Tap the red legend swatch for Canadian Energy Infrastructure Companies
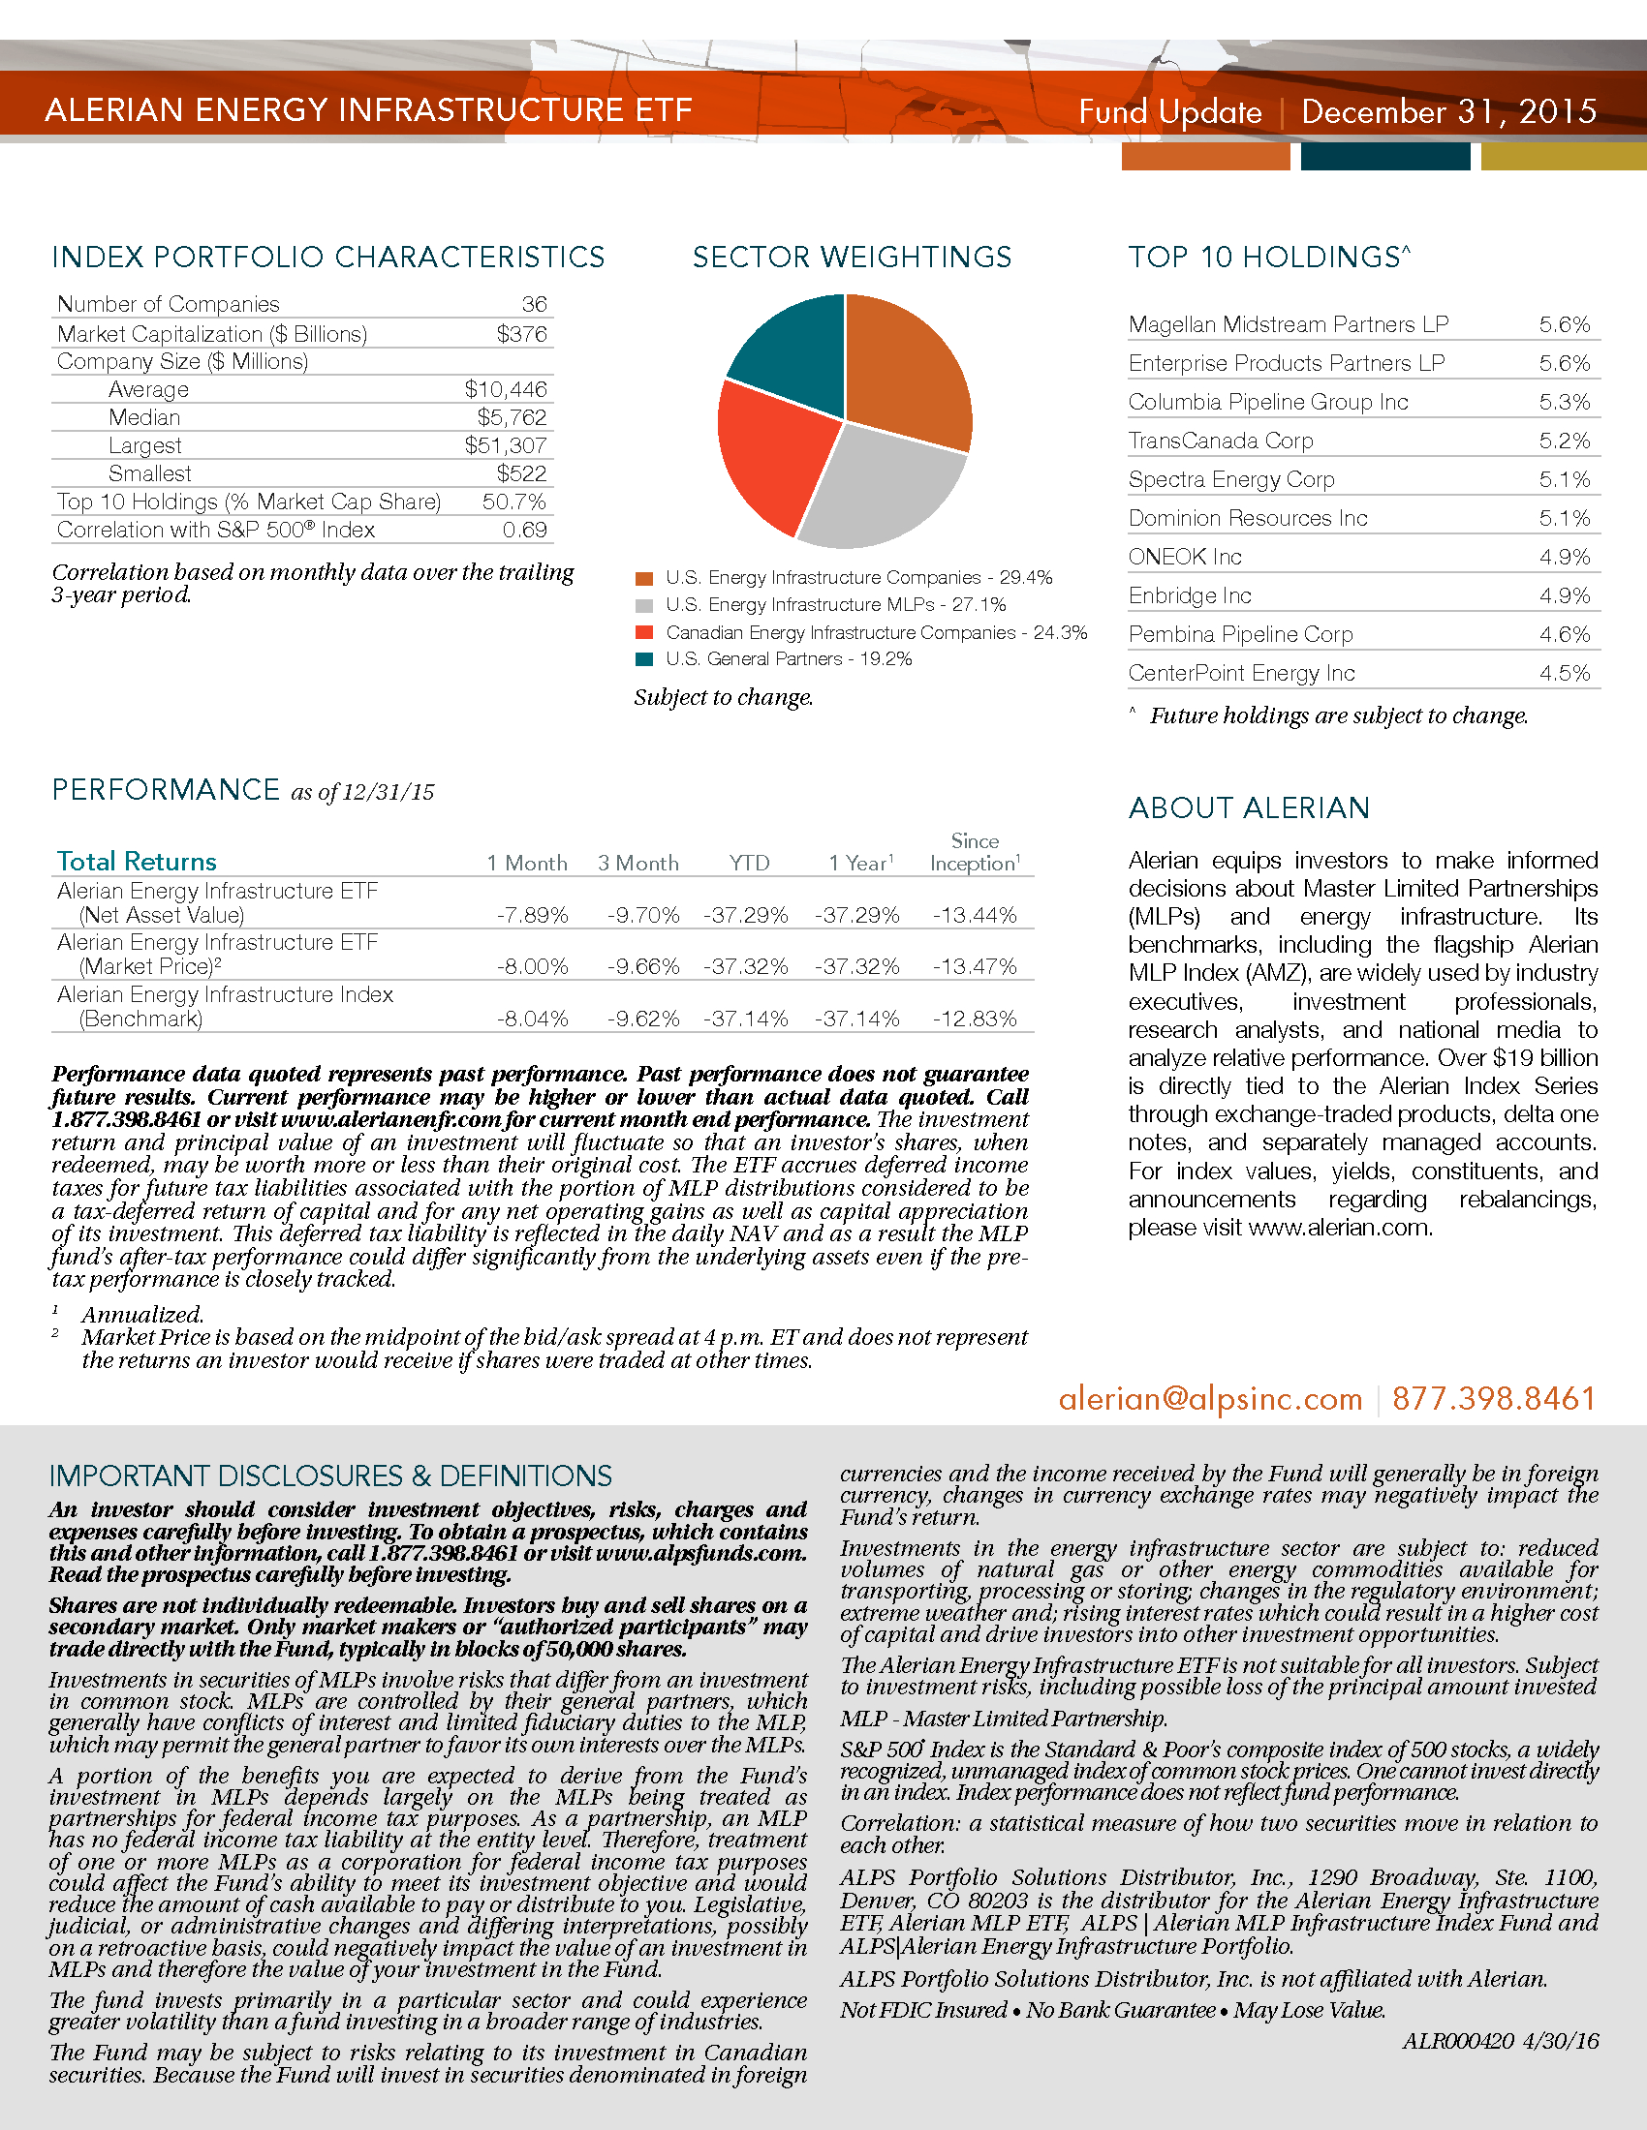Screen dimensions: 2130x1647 644,632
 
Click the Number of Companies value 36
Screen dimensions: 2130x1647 534,304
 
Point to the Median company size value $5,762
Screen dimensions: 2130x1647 512,417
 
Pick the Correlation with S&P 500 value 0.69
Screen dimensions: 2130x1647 524,530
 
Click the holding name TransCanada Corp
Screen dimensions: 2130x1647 1221,441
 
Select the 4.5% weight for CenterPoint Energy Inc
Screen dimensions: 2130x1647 1564,673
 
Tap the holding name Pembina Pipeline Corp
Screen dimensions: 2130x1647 1240,634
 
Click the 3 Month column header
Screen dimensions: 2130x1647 638,863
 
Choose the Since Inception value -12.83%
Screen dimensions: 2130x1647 974,1019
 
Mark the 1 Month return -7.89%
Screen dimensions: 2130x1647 532,915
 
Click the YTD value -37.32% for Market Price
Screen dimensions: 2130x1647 745,966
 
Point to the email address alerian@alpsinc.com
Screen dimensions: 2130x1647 1210,1399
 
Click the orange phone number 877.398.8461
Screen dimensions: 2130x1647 1493,1399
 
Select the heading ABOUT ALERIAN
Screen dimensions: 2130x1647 1249,807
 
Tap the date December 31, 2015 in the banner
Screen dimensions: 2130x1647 1449,111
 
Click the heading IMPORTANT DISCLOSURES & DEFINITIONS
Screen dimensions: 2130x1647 330,1476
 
